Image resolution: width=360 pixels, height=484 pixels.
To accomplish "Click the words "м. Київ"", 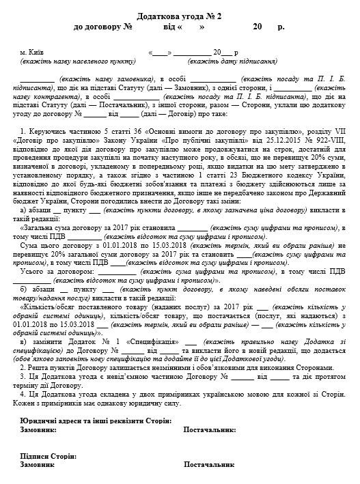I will coord(32,53).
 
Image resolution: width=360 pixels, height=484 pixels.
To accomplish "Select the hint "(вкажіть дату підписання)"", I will coord(233,61).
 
